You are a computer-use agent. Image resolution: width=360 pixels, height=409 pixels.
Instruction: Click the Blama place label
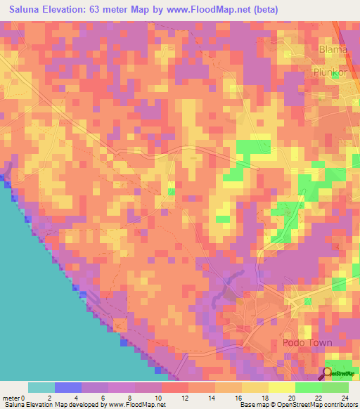pos(333,50)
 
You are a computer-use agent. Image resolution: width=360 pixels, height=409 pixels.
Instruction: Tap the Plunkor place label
pos(331,72)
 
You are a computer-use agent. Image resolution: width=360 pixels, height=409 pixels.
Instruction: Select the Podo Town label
pos(307,343)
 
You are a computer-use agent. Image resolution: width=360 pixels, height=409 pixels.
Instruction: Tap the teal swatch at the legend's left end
pos(41,387)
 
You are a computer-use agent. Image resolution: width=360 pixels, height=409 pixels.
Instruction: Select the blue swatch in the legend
pos(68,387)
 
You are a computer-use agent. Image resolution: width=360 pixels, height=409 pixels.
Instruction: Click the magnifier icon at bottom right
pos(328,372)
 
